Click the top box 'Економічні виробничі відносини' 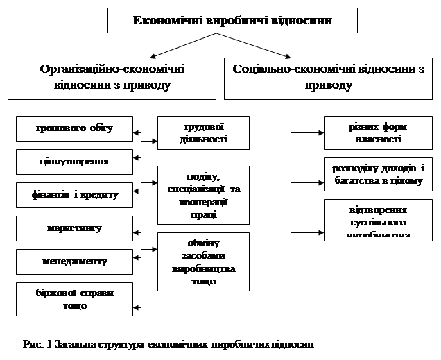(x=232, y=20)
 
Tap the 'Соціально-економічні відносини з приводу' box (x=329, y=78)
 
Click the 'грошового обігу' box (x=74, y=128)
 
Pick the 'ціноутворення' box (x=74, y=161)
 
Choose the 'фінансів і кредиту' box (x=74, y=195)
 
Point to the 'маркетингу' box (x=74, y=228)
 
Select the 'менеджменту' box (x=74, y=262)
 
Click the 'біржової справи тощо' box (x=74, y=298)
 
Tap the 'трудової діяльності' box (x=193, y=132)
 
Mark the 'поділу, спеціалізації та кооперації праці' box (x=193, y=195)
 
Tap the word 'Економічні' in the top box (x=164, y=20)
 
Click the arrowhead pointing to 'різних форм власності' (x=320, y=132)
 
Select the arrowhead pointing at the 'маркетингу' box (x=137, y=228)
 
